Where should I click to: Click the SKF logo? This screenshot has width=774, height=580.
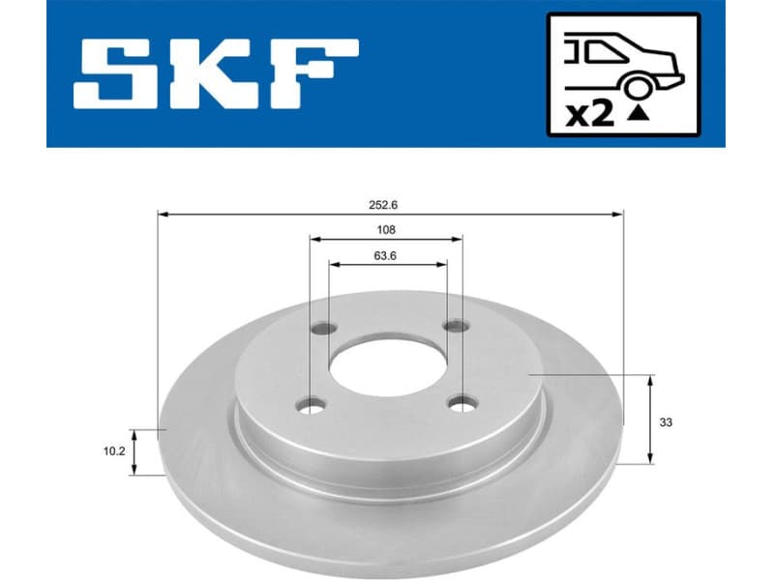click(217, 74)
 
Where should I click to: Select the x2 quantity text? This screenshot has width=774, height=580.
click(588, 115)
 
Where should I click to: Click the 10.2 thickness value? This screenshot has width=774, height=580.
click(114, 450)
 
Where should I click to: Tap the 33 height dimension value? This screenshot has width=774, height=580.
click(665, 422)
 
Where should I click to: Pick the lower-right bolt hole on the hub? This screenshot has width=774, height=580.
click(462, 402)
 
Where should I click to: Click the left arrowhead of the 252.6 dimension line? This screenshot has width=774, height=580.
click(163, 214)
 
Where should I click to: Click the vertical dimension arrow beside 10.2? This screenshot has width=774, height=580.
click(135, 451)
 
